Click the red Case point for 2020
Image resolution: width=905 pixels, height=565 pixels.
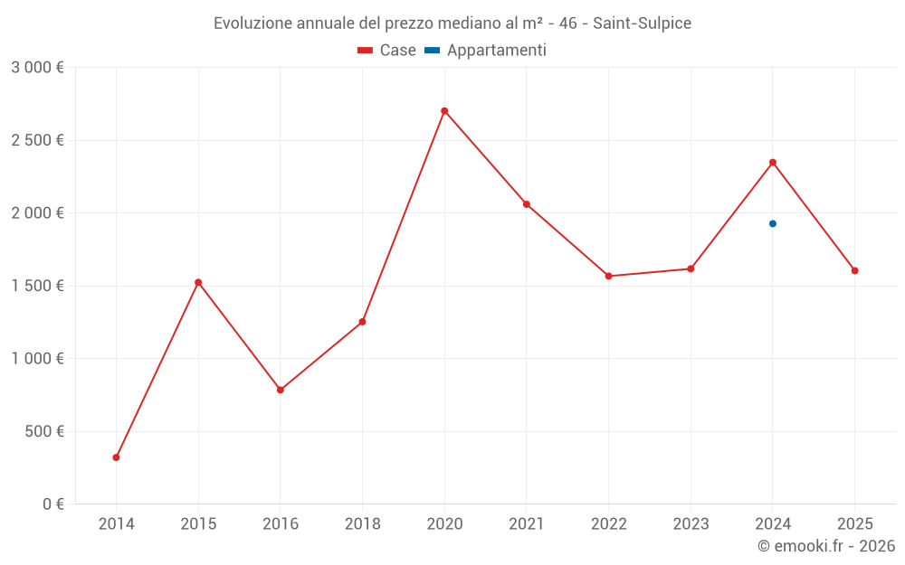point(444,111)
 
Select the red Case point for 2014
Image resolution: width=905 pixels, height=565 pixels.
point(116,457)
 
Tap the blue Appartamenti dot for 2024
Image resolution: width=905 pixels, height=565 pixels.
point(773,223)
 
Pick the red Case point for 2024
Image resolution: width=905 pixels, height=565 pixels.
point(773,163)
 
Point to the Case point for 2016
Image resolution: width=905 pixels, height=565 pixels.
point(281,390)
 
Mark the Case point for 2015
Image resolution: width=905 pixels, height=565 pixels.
point(198,282)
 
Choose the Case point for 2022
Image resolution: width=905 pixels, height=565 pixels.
point(608,276)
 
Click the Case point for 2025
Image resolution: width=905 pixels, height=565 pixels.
point(854,270)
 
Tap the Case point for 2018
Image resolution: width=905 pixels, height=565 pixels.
point(362,322)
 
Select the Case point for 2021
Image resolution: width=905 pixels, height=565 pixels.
point(527,204)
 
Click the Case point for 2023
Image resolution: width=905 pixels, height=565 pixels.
point(691,268)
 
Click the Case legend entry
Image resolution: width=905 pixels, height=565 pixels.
point(387,51)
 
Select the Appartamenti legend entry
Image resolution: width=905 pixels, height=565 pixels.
point(486,51)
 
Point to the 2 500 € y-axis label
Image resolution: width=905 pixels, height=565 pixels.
point(37,140)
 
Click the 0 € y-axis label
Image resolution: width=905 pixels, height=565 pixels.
point(53,504)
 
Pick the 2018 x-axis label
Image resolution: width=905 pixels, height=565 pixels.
point(362,523)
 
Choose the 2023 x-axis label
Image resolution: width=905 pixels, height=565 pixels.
point(691,523)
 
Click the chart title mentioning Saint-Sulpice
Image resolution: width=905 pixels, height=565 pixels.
point(452,24)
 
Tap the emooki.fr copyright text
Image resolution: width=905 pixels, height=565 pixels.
point(825,546)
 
